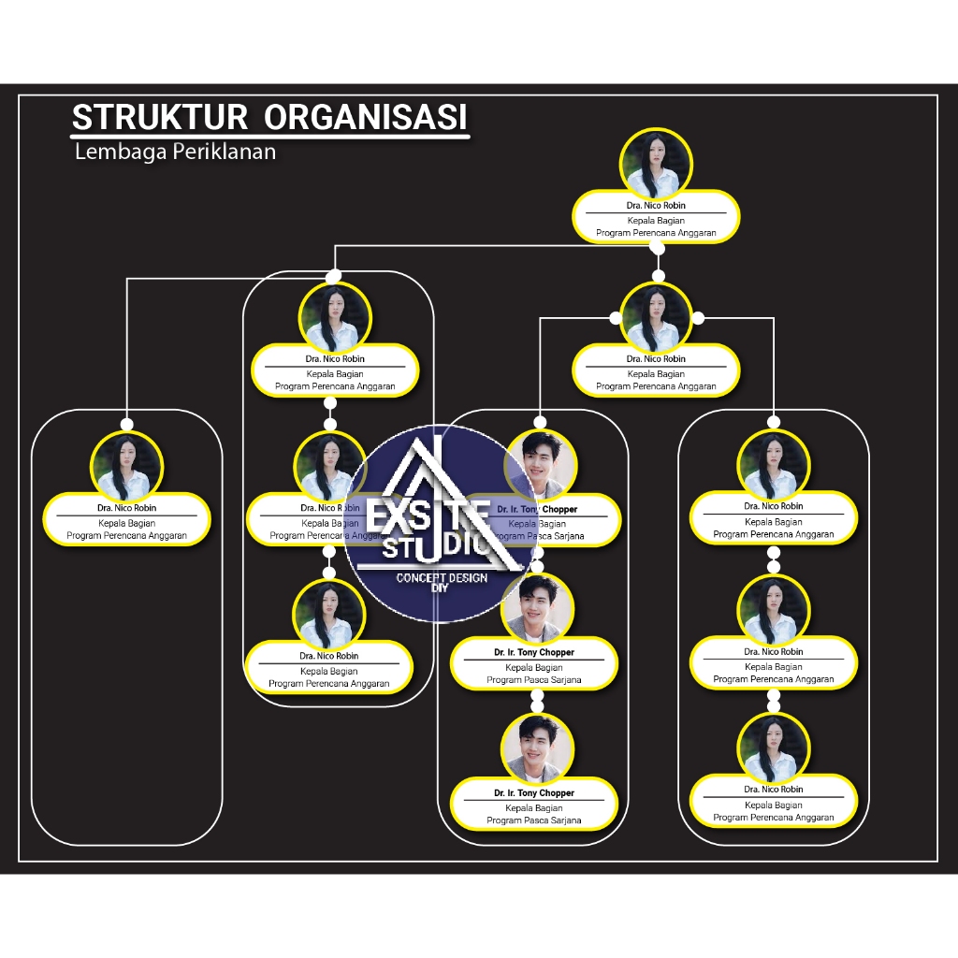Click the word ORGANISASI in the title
tap(365, 118)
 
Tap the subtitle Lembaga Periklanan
tap(175, 152)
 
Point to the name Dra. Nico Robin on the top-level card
tap(656, 205)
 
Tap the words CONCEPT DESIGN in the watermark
tap(442, 578)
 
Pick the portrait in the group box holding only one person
tap(126, 466)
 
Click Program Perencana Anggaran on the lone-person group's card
tap(126, 536)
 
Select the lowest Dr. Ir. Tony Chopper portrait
tap(537, 749)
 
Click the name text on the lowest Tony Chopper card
tap(534, 792)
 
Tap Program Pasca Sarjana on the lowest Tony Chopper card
tap(534, 820)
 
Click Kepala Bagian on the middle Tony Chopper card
tap(534, 667)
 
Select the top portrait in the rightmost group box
tap(774, 465)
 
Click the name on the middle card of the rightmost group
tap(774, 651)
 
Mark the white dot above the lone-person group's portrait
tap(126, 424)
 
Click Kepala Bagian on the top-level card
tap(656, 221)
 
